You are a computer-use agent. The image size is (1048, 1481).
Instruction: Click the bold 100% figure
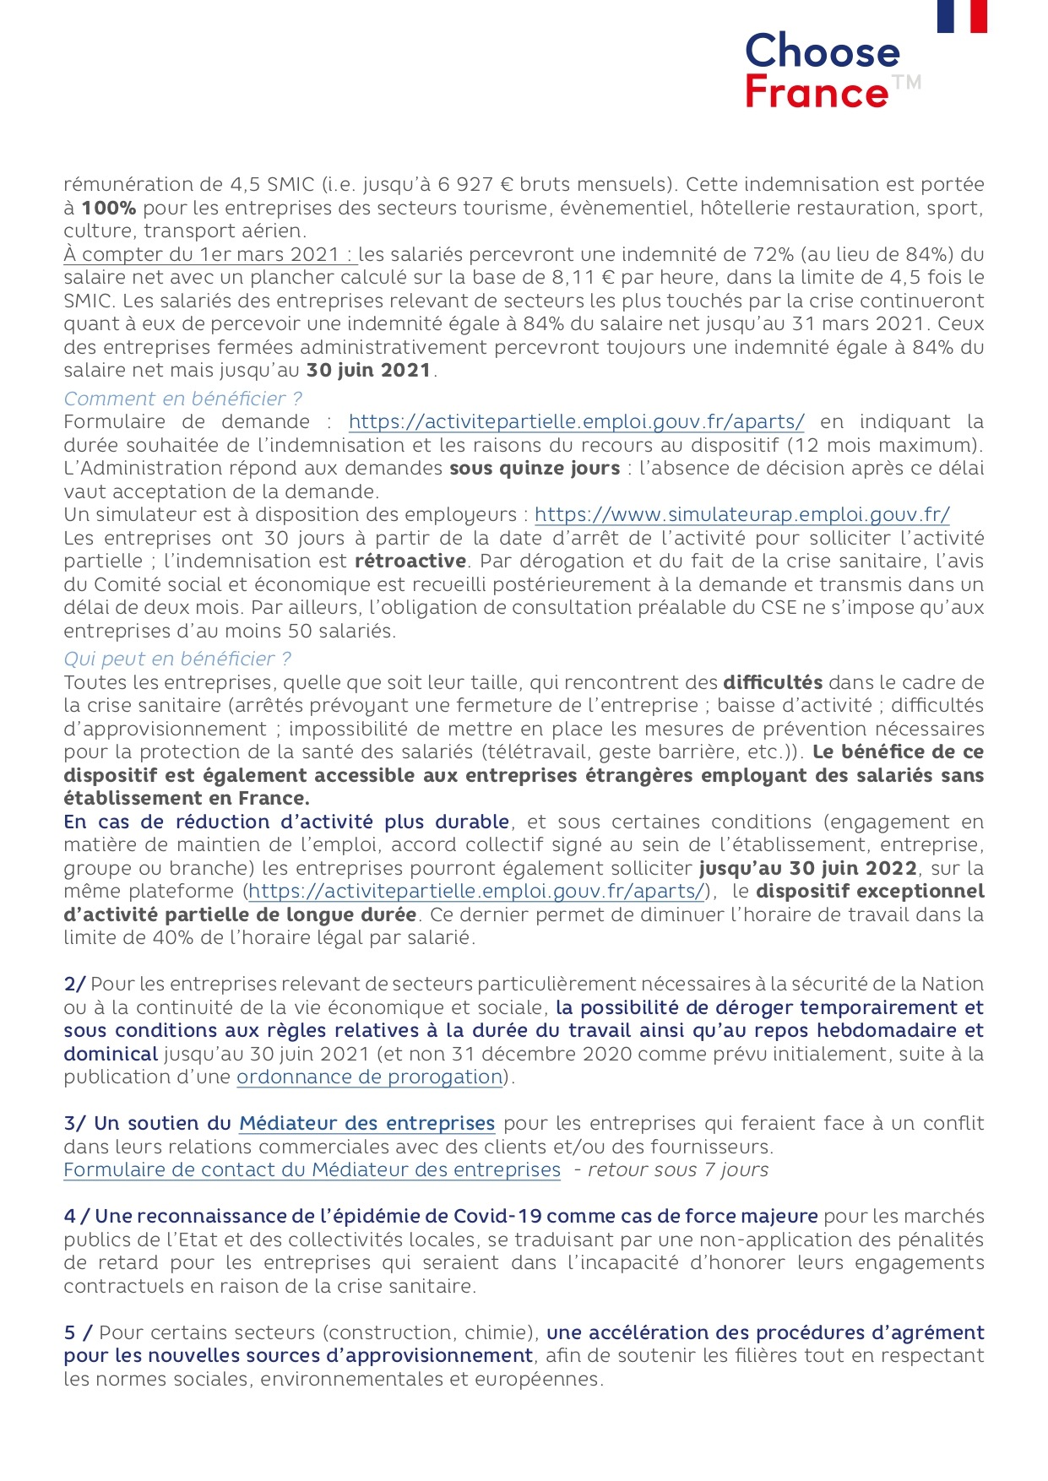[x=108, y=208]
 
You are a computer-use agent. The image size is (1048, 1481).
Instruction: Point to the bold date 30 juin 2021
[x=368, y=370]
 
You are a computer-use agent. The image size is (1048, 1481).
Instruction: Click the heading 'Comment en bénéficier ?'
[x=182, y=399]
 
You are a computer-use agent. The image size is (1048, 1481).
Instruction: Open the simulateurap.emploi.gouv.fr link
[x=741, y=514]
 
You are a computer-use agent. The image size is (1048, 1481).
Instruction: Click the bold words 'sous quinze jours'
[x=534, y=468]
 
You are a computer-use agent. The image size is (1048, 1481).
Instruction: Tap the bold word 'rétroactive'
[x=410, y=561]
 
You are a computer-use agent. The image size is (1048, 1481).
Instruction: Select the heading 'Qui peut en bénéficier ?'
[x=177, y=659]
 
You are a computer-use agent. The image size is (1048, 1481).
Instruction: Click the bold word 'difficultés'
[x=772, y=682]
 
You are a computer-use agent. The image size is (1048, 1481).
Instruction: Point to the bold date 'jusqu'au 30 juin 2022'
[x=807, y=868]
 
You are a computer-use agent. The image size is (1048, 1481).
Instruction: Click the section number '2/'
[x=74, y=984]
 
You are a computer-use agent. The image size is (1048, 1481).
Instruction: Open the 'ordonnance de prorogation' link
[x=370, y=1077]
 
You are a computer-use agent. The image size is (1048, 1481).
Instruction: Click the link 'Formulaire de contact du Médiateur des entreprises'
[x=312, y=1169]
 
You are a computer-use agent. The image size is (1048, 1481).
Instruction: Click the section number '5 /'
[x=78, y=1332]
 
